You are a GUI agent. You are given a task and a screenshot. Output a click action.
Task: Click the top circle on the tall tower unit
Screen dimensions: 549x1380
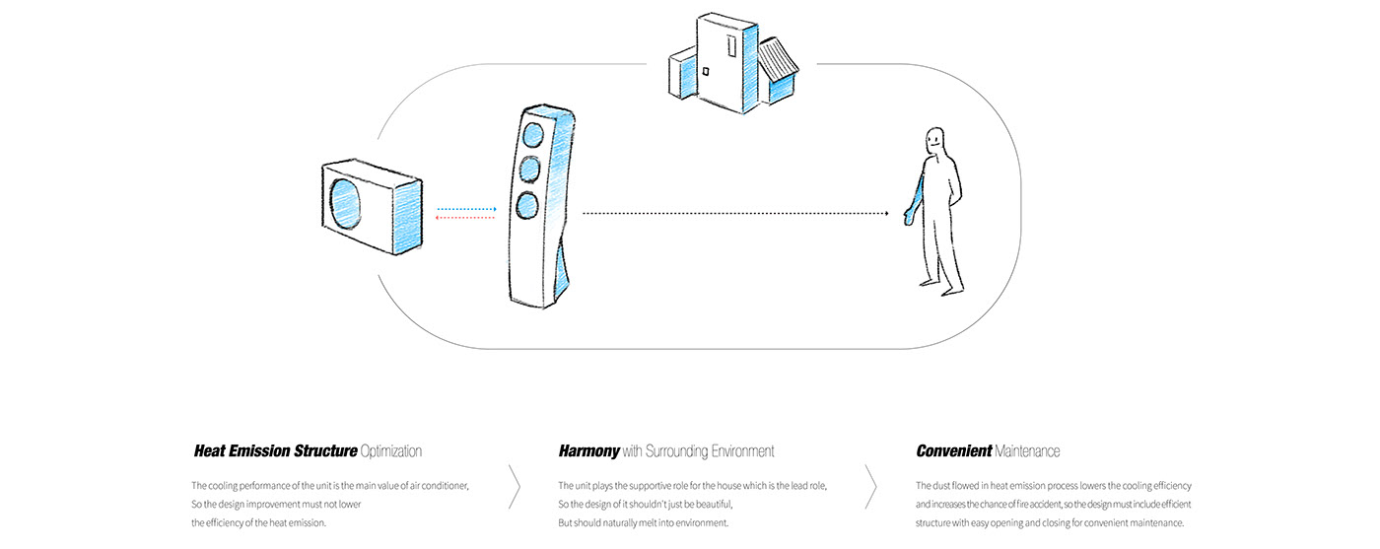(x=534, y=134)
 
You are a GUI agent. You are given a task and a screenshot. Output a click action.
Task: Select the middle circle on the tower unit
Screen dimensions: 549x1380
(x=530, y=170)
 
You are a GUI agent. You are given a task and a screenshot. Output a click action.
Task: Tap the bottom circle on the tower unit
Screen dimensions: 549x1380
(x=527, y=205)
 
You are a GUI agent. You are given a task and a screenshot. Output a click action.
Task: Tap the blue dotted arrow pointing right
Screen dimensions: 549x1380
(x=466, y=209)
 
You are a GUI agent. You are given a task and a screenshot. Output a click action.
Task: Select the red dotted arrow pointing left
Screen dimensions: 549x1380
(x=465, y=219)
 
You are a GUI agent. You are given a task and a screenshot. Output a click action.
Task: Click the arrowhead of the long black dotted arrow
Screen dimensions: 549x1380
(x=885, y=213)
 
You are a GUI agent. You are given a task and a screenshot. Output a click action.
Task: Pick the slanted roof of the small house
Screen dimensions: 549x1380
(x=779, y=64)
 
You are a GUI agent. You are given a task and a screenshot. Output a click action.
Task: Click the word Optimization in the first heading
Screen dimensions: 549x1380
(x=391, y=451)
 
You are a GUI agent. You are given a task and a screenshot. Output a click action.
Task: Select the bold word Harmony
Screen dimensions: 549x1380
(x=588, y=451)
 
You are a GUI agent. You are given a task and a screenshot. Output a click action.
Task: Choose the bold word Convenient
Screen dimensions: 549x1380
(x=953, y=451)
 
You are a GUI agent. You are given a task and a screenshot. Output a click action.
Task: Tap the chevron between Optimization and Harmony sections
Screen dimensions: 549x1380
(x=514, y=484)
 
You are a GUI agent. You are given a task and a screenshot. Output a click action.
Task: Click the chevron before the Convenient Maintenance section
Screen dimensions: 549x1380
(x=870, y=484)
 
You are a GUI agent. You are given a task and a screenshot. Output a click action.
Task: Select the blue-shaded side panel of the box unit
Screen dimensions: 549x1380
(x=407, y=219)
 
